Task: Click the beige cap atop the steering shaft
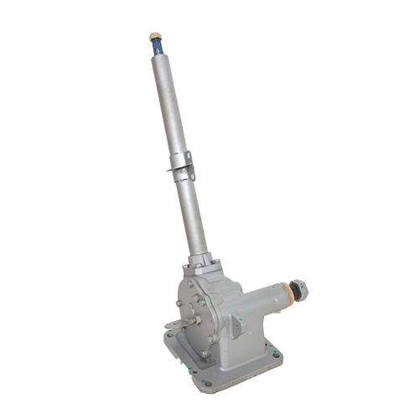click(154, 37)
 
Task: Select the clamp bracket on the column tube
click(181, 163)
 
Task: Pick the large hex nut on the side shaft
click(301, 290)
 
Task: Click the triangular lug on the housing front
click(238, 326)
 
